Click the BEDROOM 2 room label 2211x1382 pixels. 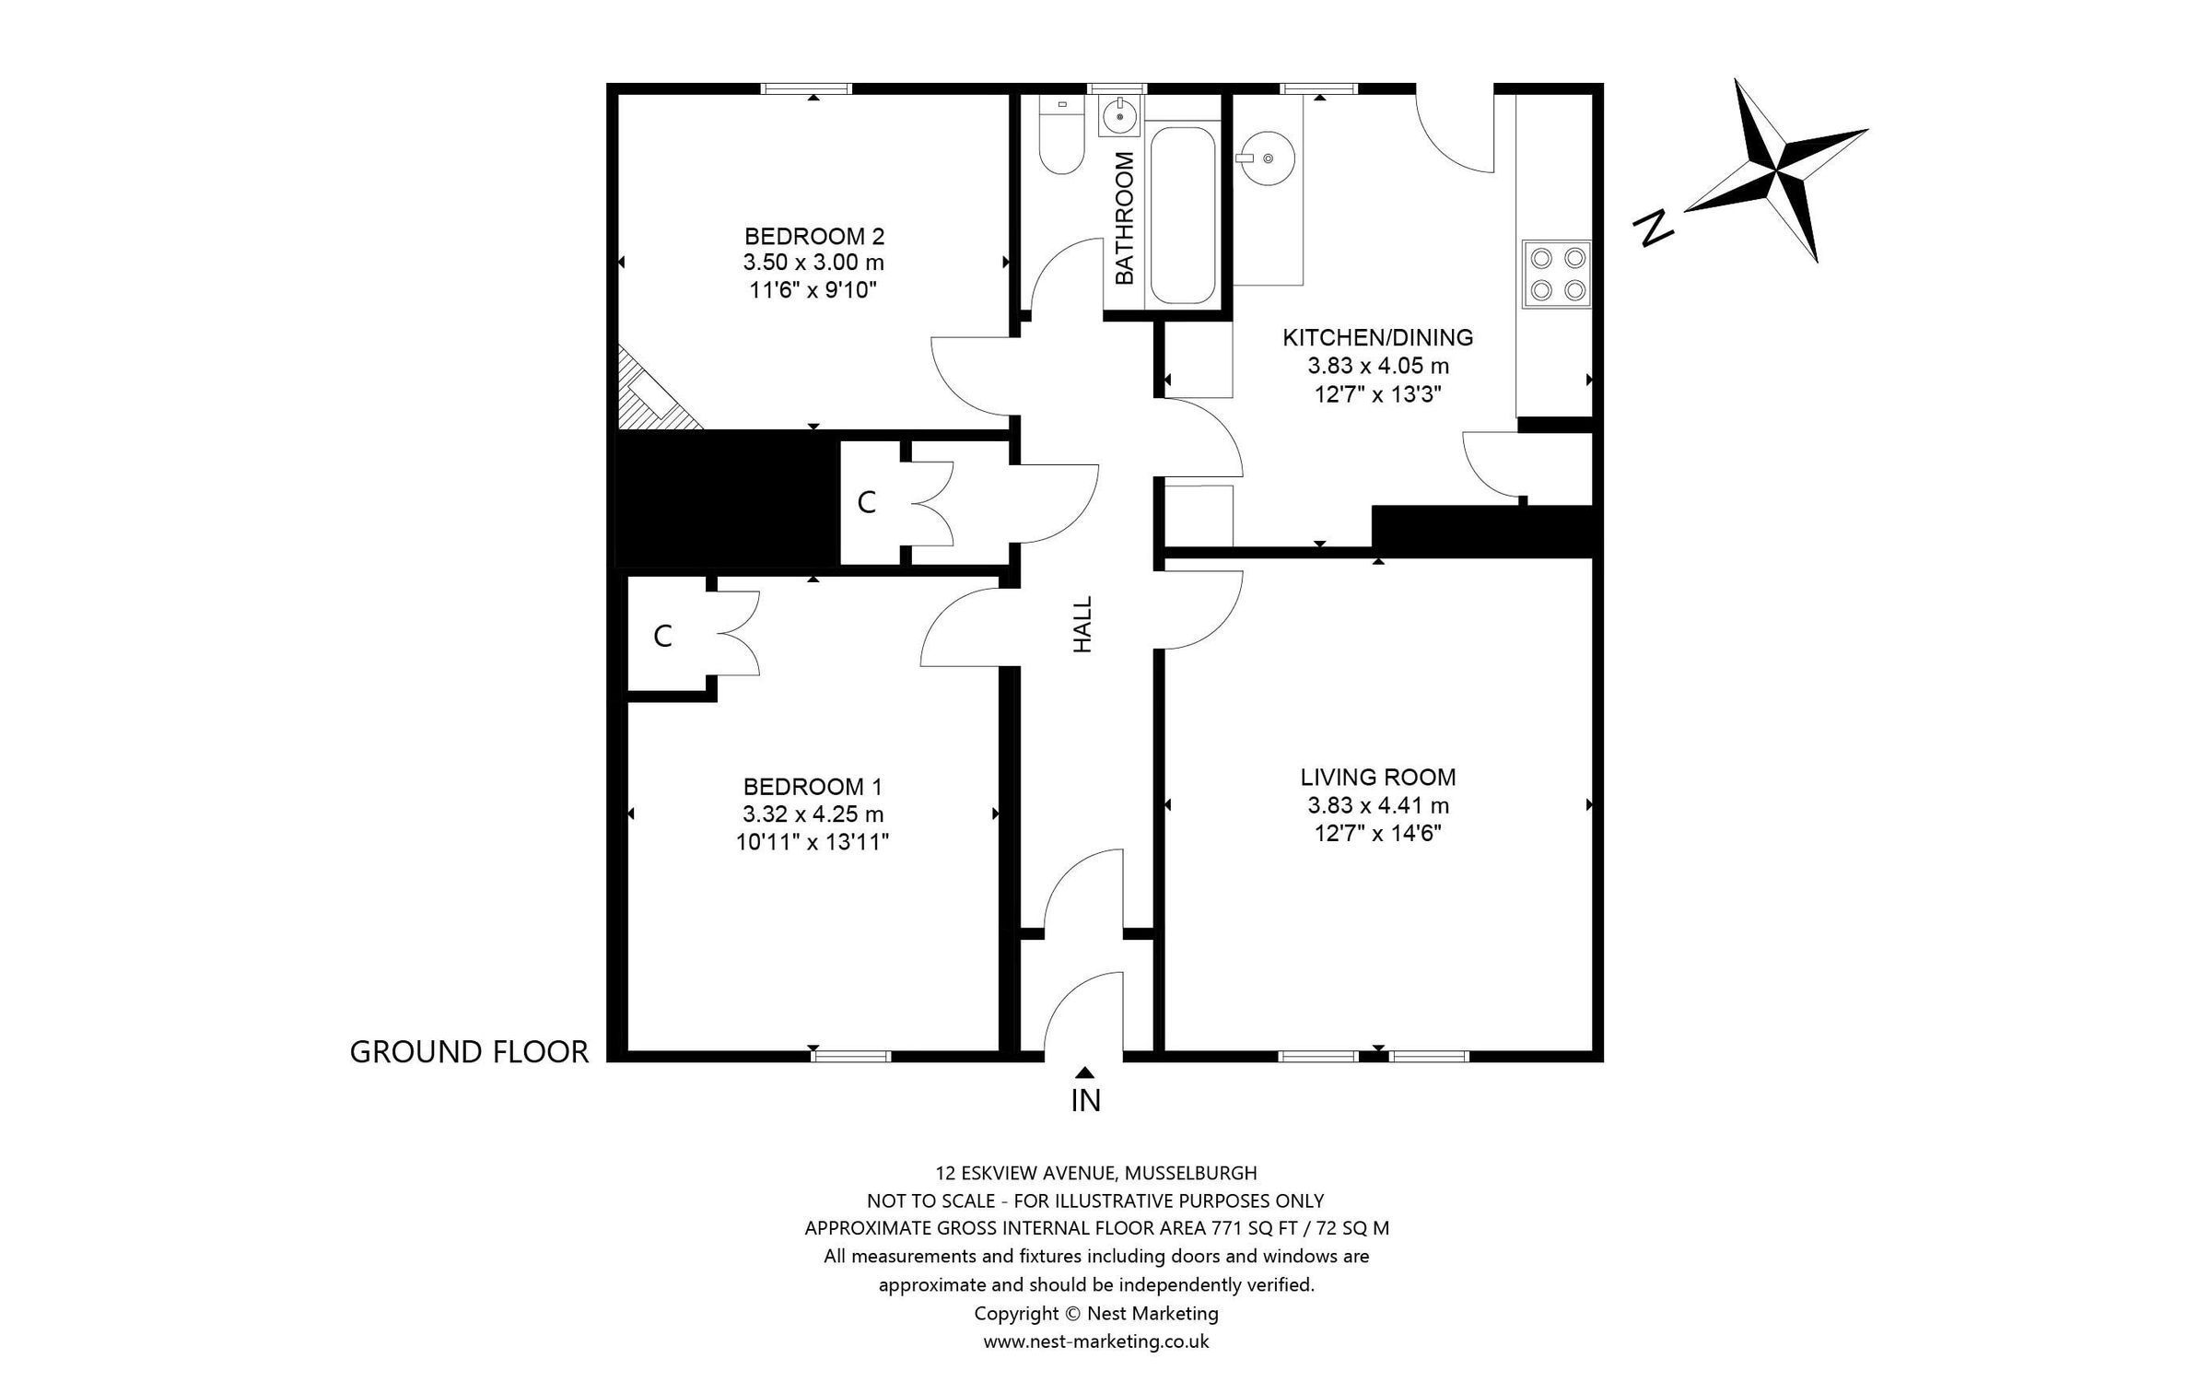(x=814, y=236)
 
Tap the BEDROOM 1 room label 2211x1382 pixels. (x=813, y=787)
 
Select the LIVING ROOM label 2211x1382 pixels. (x=1378, y=778)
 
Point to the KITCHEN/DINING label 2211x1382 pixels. (x=1378, y=338)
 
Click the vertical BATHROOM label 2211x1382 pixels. (x=1125, y=217)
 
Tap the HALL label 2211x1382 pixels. (x=1083, y=625)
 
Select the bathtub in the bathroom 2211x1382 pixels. (x=1183, y=215)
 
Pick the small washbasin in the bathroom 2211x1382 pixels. (x=1120, y=116)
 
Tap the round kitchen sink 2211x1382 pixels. (x=1267, y=158)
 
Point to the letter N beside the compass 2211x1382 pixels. (x=1653, y=228)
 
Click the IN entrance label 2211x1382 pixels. (x=1086, y=1100)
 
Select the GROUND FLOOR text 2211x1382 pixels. (x=469, y=1052)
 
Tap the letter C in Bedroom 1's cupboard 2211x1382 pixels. (x=662, y=637)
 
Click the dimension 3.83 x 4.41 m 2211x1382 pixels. (x=1378, y=806)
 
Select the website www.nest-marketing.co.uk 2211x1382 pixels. (x=1096, y=1341)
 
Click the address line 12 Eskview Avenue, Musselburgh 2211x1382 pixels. (x=1096, y=1174)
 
